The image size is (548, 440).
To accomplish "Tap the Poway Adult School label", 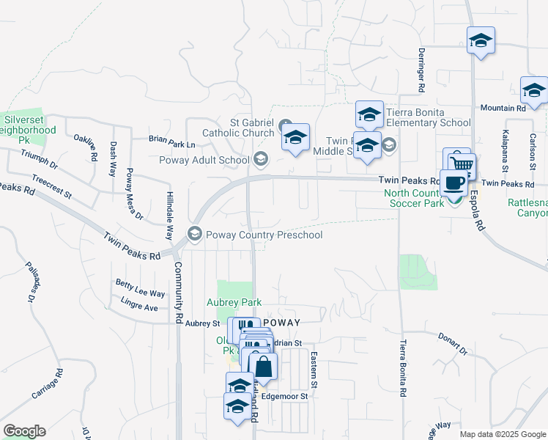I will (x=204, y=160).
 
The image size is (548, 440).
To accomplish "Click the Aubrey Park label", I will (x=238, y=302).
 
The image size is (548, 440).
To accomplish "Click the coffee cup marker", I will (x=454, y=183).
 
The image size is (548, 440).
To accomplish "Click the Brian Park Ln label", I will (x=172, y=137).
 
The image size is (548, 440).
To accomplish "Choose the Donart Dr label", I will (x=453, y=345).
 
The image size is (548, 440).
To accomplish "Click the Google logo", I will (x=24, y=431).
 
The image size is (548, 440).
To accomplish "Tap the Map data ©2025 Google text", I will (x=502, y=434).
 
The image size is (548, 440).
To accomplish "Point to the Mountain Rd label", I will (x=503, y=109).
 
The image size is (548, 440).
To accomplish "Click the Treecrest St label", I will (x=51, y=186).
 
